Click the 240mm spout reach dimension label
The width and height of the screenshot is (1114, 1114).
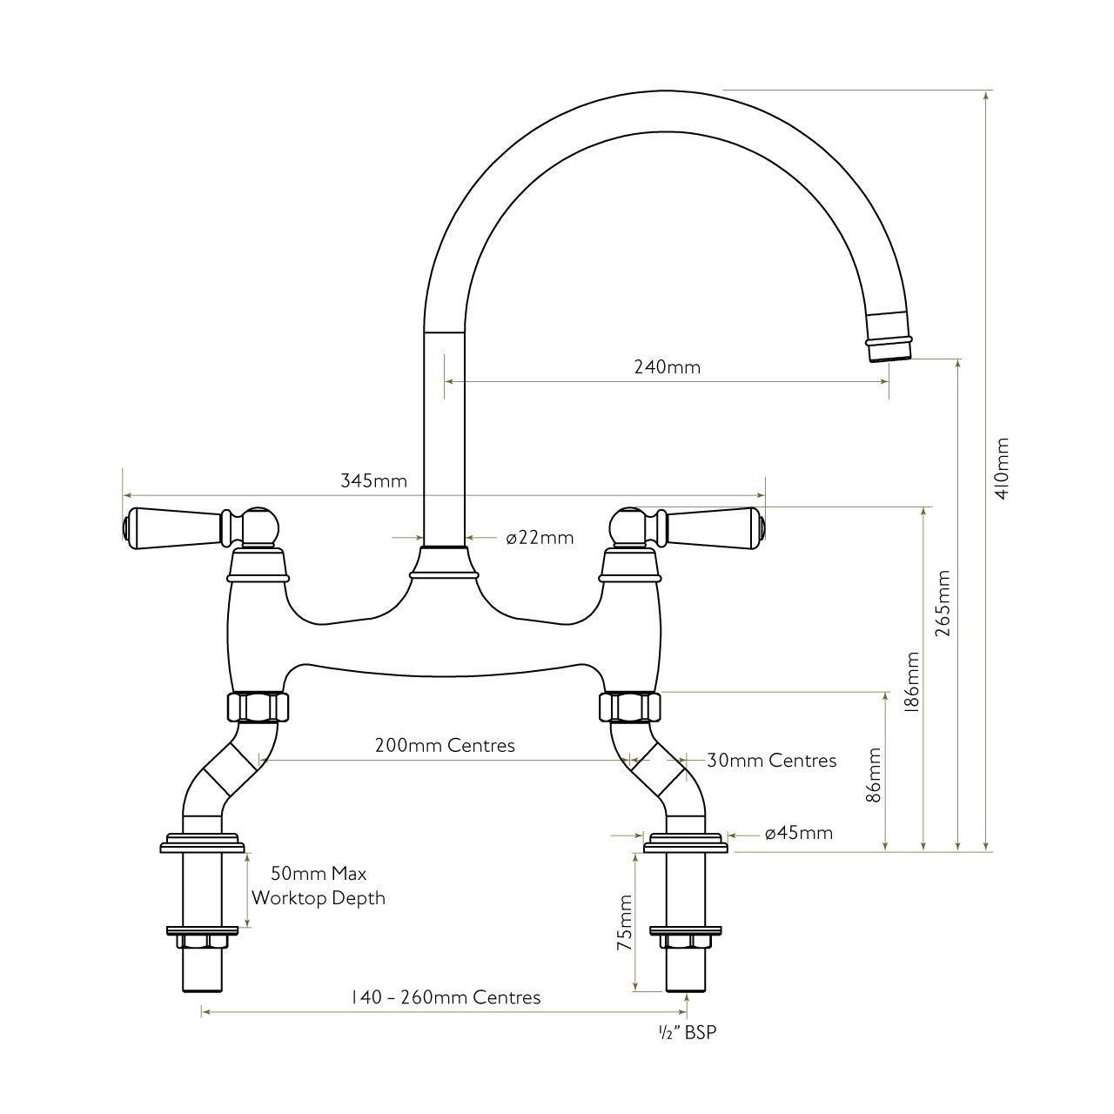(x=667, y=367)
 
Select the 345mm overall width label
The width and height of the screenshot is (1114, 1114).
(x=373, y=480)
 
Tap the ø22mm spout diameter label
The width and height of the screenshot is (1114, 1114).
(x=540, y=538)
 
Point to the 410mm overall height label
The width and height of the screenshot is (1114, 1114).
(x=1003, y=467)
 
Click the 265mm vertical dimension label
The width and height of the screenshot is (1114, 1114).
(x=943, y=604)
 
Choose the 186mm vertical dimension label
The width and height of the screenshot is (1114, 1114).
(x=911, y=683)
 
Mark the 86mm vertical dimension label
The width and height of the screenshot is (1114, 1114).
(x=875, y=775)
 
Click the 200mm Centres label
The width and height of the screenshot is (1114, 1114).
(x=445, y=746)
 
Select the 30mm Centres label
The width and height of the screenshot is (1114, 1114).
(x=771, y=761)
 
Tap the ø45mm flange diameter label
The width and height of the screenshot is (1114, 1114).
(x=798, y=834)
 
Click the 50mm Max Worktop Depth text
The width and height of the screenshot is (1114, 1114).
(x=319, y=886)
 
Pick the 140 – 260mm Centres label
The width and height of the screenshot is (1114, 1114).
(x=446, y=997)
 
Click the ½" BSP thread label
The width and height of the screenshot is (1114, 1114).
(x=687, y=1033)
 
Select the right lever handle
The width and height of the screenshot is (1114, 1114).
(x=714, y=527)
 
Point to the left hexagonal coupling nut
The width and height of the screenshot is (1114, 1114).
(x=256, y=706)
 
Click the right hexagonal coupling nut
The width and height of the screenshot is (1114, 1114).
(x=630, y=706)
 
